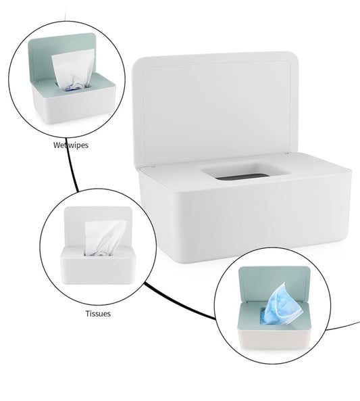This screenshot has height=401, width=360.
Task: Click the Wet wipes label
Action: coord(71,145)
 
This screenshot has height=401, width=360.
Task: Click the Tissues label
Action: coord(98,313)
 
